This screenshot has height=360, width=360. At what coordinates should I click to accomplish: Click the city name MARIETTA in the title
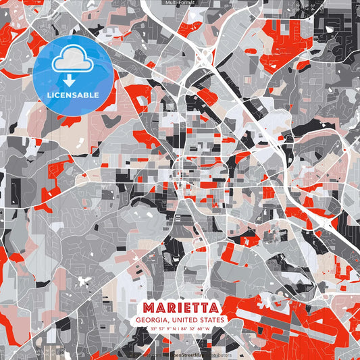180,307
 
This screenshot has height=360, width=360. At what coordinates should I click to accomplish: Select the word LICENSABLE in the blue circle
72,94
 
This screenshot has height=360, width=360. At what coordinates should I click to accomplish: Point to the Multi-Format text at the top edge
180,3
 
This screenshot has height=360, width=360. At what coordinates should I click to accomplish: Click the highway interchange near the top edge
202,58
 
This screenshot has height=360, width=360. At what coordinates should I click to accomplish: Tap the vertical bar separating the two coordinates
180,329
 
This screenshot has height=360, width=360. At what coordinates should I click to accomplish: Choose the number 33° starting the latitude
153,329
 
